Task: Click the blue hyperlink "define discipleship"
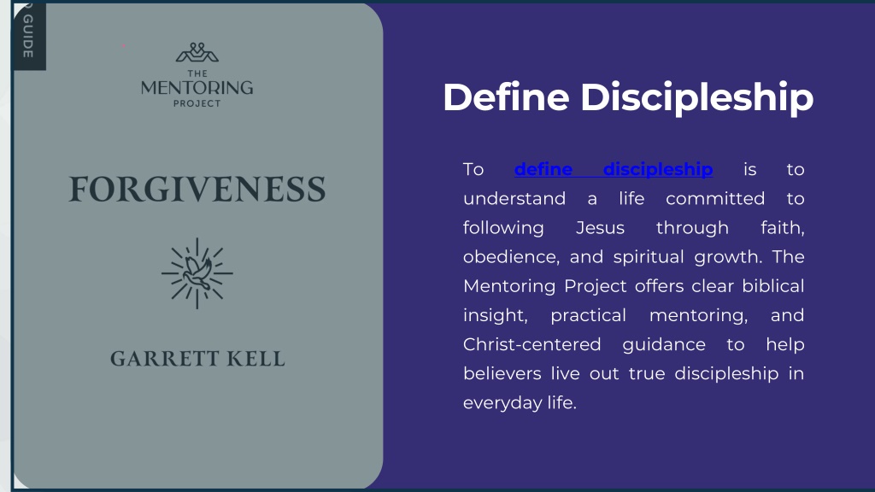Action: pyautogui.click(x=614, y=169)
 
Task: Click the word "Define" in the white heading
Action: pyautogui.click(x=506, y=97)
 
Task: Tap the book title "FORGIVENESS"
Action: pyautogui.click(x=197, y=189)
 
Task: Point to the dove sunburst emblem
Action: pyautogui.click(x=197, y=273)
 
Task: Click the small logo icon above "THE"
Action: pyautogui.click(x=197, y=52)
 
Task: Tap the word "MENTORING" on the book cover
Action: pyautogui.click(x=197, y=88)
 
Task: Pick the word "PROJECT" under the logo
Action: pyautogui.click(x=197, y=103)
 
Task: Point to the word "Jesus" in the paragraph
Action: pyautogui.click(x=600, y=227)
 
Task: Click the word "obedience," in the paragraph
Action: pyautogui.click(x=511, y=256)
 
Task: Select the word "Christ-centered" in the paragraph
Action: pyautogui.click(x=531, y=344)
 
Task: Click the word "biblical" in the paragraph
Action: pyautogui.click(x=772, y=285)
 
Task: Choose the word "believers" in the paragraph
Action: pyautogui.click(x=502, y=373)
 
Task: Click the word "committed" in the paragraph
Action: pyautogui.click(x=715, y=198)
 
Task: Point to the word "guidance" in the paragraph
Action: pyautogui.click(x=664, y=345)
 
